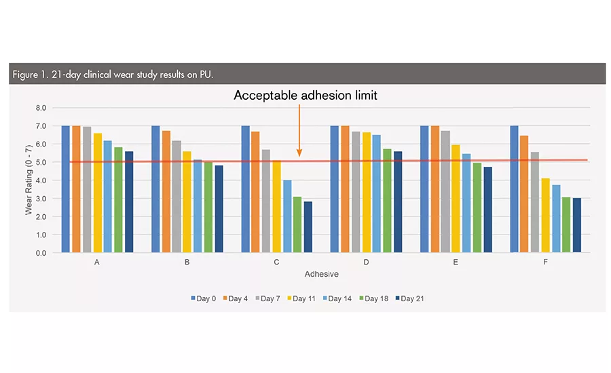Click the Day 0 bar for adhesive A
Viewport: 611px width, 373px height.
(x=66, y=189)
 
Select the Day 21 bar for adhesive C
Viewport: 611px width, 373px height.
(x=308, y=227)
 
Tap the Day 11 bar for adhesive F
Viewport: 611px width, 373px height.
(x=545, y=216)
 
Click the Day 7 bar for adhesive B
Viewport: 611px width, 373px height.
(x=177, y=197)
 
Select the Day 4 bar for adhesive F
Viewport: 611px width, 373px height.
(x=524, y=194)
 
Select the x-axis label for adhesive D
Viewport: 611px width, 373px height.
(x=367, y=262)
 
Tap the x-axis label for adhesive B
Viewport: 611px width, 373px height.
(x=187, y=262)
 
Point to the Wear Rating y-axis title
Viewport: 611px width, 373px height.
(x=29, y=180)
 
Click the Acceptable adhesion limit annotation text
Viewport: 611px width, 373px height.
(x=305, y=96)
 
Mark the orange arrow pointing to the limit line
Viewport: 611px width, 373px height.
(x=299, y=129)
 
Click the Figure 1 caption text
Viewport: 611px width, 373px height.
(x=113, y=74)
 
